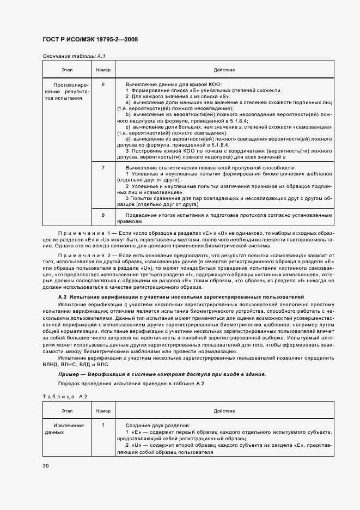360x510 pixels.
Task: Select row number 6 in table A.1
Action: [x=103, y=84]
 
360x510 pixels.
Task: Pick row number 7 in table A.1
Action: [x=103, y=168]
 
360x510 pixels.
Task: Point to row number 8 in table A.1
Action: [x=103, y=216]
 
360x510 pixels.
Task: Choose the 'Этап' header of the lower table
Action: [x=67, y=410]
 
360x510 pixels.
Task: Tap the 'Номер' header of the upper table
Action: [x=103, y=70]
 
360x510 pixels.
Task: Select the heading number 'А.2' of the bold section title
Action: [x=62, y=296]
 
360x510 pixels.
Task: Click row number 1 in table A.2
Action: [x=103, y=425]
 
